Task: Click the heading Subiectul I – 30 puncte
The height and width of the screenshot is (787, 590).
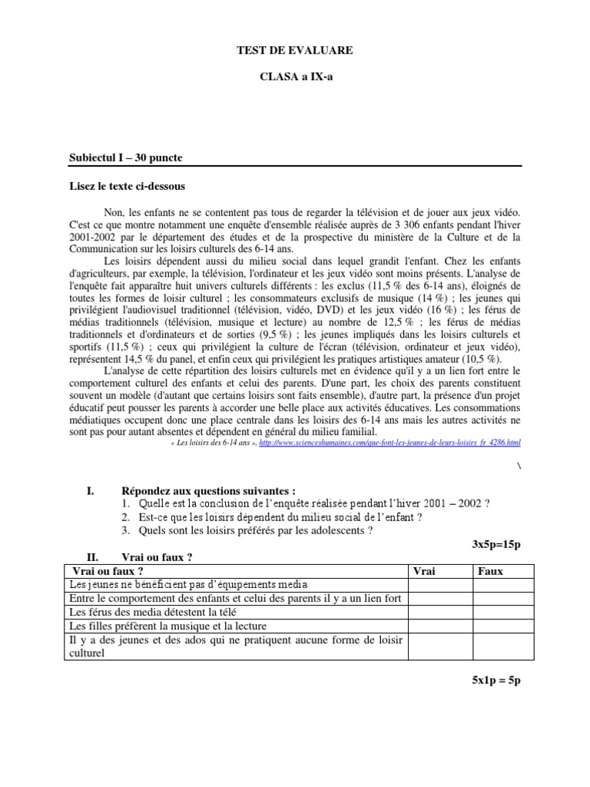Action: [126, 158]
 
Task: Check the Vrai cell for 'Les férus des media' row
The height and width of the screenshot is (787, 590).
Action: [439, 613]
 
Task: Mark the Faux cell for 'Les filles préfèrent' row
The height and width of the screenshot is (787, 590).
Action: [497, 626]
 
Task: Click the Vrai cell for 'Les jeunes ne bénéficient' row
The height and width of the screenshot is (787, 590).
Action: [439, 585]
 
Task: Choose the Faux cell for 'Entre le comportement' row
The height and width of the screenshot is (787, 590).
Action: [497, 599]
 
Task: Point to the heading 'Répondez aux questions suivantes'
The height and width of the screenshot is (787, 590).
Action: [208, 491]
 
